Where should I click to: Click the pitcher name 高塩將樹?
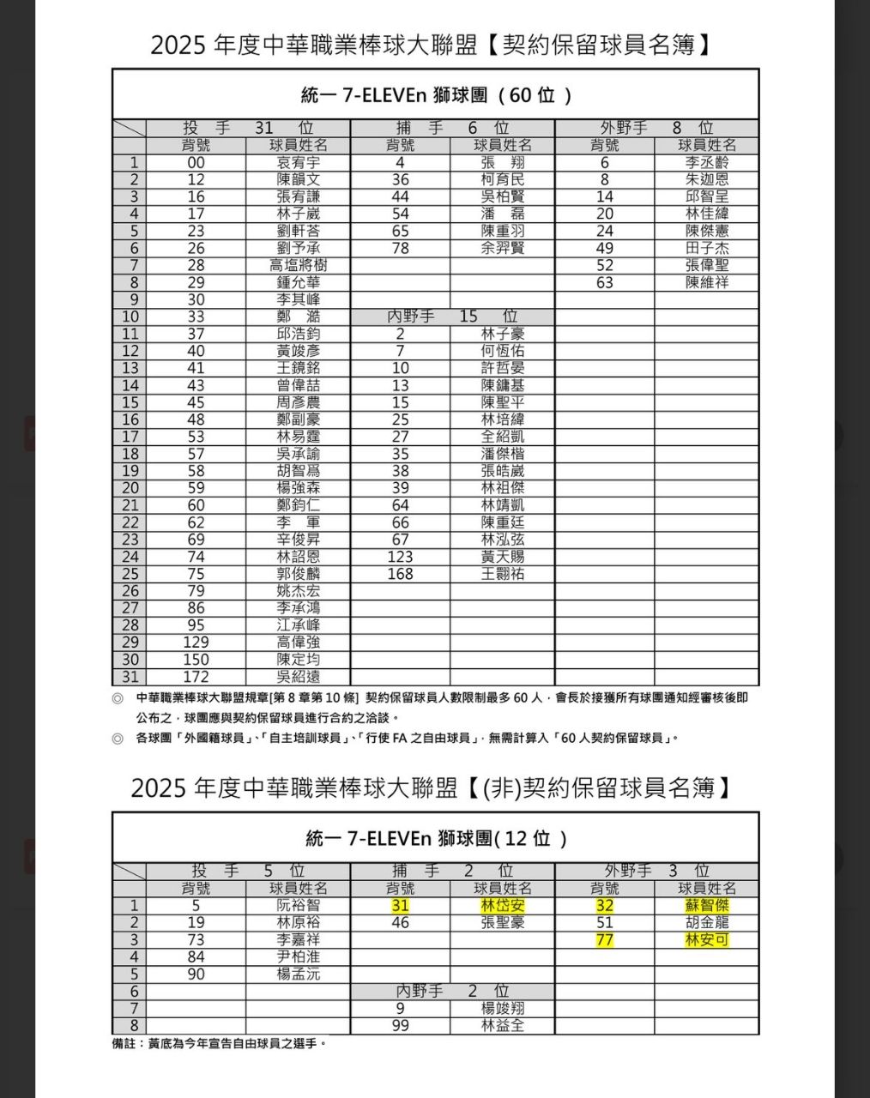point(298,265)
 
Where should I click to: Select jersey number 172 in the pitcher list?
point(196,677)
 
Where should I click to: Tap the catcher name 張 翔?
point(502,162)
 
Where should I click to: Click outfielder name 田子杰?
point(706,248)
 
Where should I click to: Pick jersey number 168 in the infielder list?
point(400,574)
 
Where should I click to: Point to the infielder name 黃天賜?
point(502,557)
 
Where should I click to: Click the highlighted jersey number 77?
point(604,940)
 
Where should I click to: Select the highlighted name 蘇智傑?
point(706,906)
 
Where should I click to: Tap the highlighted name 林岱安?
point(502,906)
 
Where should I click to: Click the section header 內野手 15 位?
point(452,317)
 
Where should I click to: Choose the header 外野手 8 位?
point(656,128)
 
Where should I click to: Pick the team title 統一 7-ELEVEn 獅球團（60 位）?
point(436,94)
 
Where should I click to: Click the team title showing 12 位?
point(436,837)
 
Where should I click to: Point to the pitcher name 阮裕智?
point(298,906)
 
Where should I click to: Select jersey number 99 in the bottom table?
point(400,1026)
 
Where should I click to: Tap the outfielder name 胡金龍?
point(706,923)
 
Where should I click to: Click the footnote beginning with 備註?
point(219,1044)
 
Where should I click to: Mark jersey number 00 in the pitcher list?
point(196,162)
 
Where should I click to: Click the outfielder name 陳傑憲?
point(706,231)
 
